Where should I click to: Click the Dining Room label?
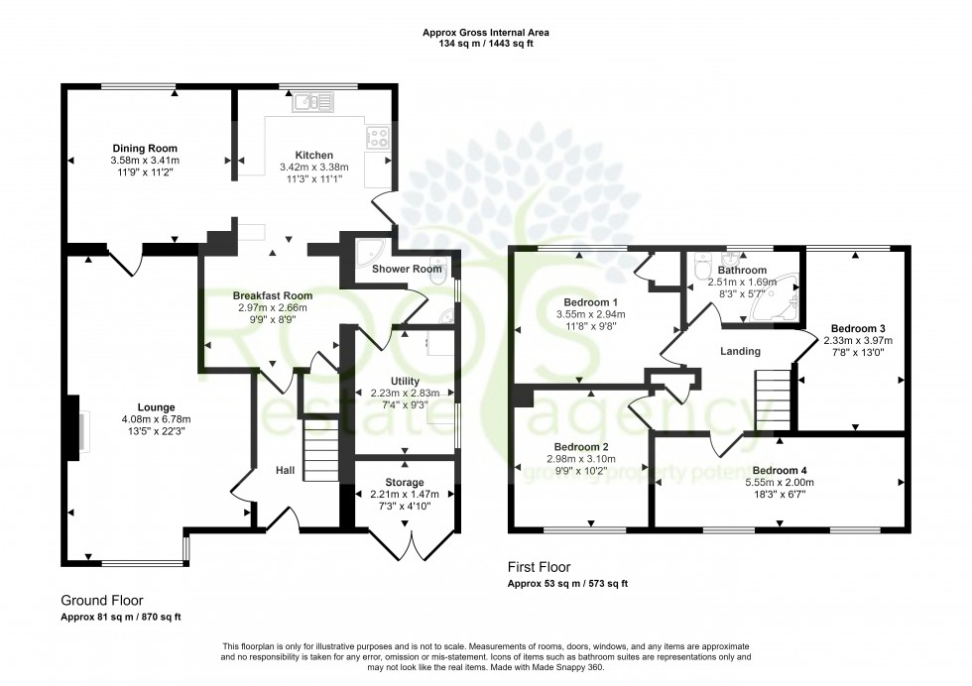(145, 148)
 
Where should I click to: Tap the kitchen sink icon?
(316, 99)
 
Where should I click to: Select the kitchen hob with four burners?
(379, 138)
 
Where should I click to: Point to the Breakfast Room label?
(273, 295)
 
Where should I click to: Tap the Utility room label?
(405, 381)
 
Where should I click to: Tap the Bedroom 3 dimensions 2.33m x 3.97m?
(852, 340)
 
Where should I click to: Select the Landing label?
(740, 351)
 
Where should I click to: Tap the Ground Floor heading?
(102, 600)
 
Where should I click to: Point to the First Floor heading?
(540, 568)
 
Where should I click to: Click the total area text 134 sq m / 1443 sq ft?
(486, 44)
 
